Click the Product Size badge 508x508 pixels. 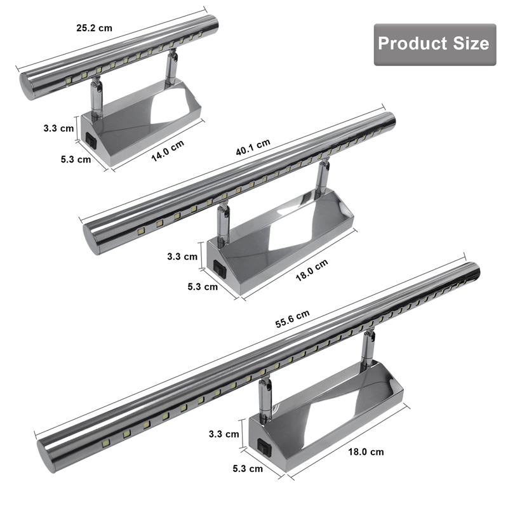click(x=434, y=44)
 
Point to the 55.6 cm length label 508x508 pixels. click(x=291, y=318)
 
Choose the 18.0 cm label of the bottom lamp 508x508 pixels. click(x=366, y=452)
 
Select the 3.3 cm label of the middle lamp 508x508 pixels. click(x=182, y=257)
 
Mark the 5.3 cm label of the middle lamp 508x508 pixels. click(x=203, y=286)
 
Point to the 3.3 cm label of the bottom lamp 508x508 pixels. click(x=224, y=434)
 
